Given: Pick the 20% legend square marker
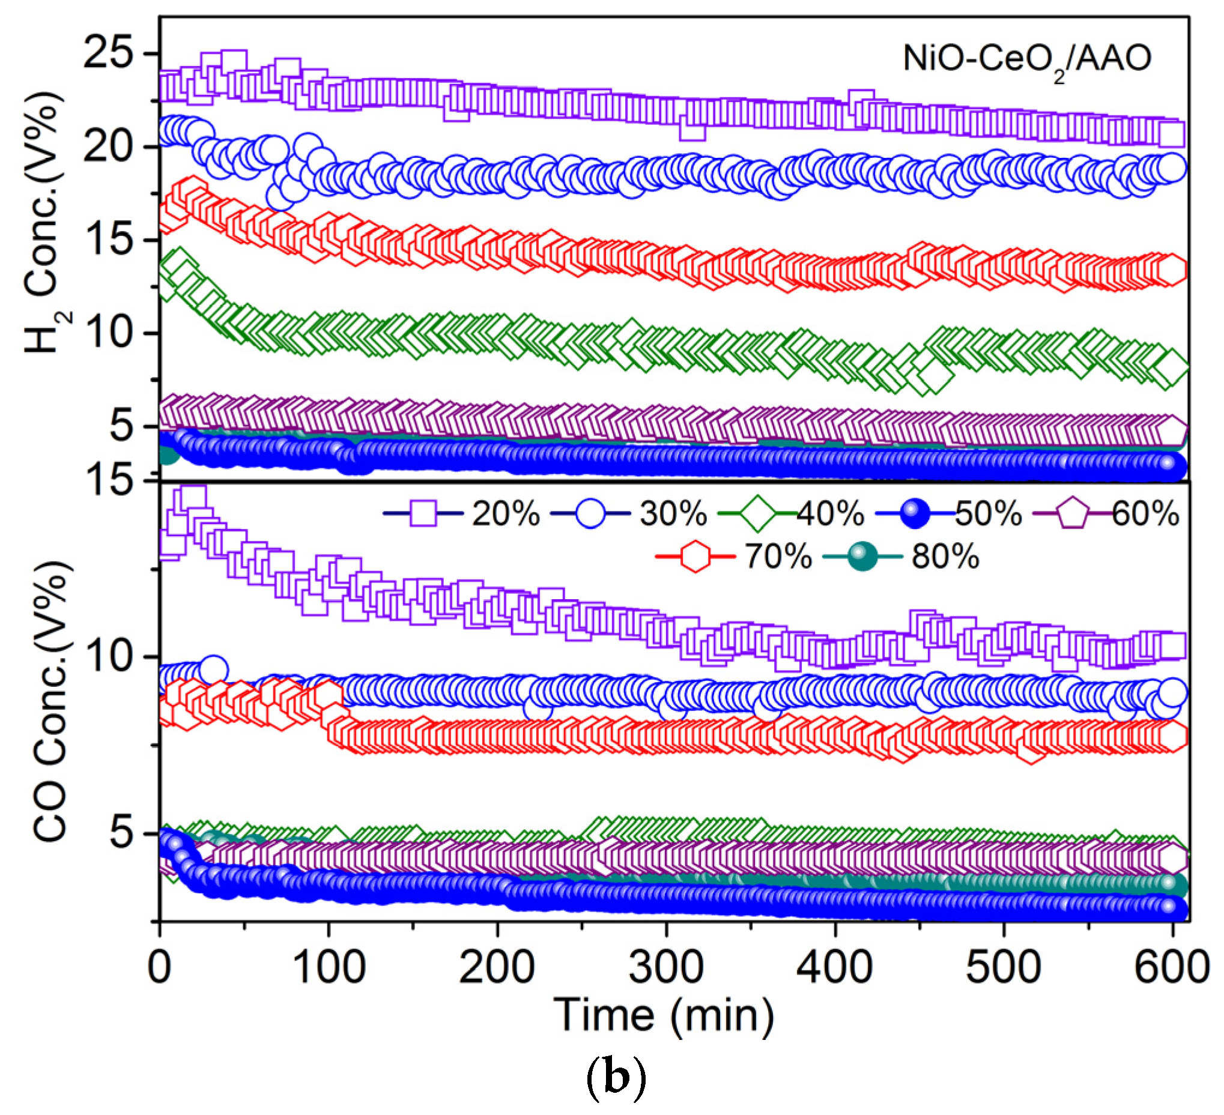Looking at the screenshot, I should click(424, 514).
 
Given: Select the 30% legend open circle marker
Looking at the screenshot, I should click(591, 514).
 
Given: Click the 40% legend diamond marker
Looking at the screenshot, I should click(758, 514).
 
